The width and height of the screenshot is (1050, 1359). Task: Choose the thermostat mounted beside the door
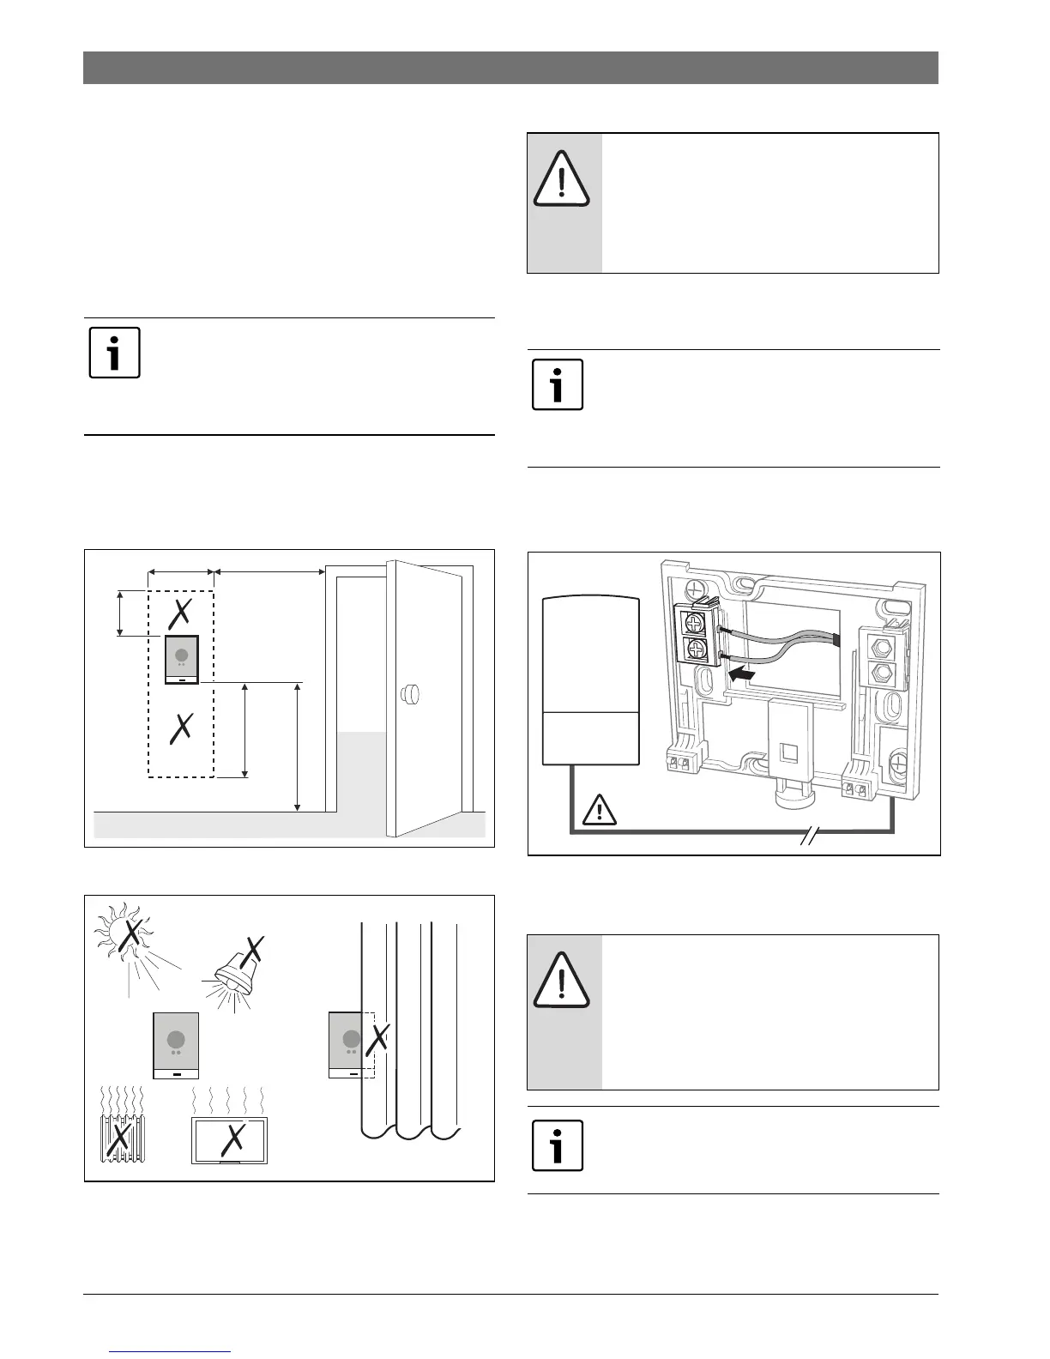pos(181,659)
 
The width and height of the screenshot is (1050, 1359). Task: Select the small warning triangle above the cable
pos(600,809)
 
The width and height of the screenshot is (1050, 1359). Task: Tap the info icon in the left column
pos(115,352)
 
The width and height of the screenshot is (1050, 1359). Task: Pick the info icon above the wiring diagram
pos(558,384)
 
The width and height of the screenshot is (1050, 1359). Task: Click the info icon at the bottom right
pos(558,1145)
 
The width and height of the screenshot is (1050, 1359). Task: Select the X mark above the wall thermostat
pos(180,613)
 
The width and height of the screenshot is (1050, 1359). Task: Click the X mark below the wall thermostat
pos(181,729)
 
